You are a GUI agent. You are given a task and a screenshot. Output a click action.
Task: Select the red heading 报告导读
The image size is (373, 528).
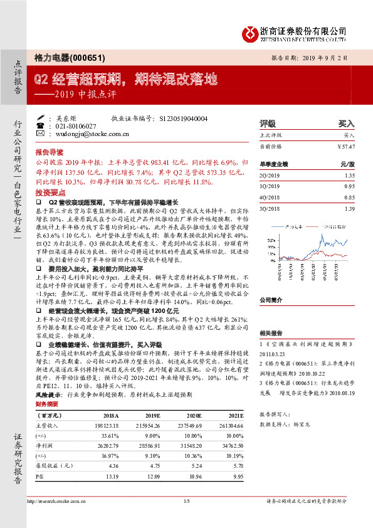click(x=49, y=152)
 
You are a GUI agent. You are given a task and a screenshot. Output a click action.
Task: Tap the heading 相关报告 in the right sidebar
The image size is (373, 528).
click(x=270, y=334)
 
